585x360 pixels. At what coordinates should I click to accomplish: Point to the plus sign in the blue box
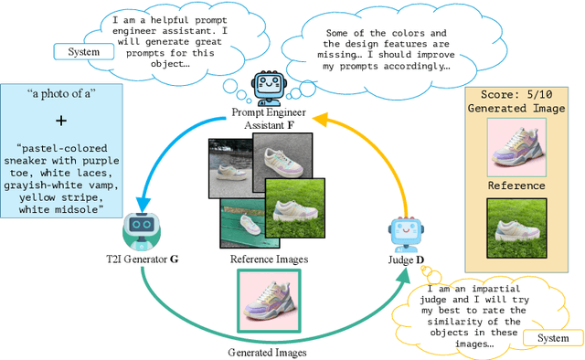click(61, 121)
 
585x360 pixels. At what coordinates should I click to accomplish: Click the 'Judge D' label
click(404, 260)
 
